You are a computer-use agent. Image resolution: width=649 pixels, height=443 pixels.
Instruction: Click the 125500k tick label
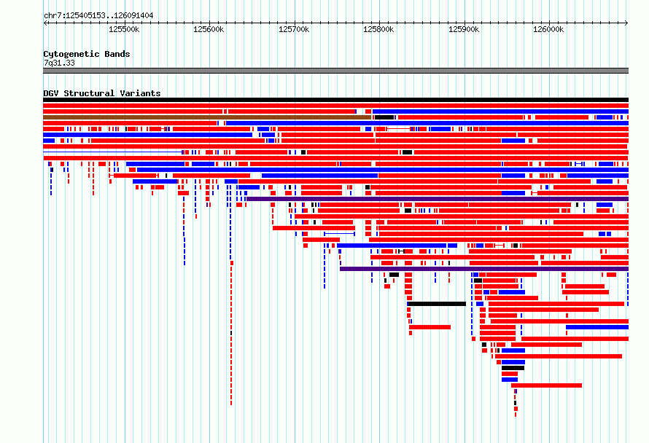[124, 29]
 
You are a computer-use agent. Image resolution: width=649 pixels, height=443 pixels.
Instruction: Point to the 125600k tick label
[209, 29]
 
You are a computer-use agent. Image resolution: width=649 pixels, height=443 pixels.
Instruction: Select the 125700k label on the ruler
[294, 29]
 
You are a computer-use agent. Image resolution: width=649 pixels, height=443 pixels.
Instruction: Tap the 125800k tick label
[378, 29]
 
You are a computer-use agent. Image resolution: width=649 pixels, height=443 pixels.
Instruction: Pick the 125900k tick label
[464, 29]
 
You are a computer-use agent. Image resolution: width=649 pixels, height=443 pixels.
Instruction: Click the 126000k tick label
[548, 29]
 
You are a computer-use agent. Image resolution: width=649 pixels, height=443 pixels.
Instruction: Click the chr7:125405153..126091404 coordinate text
[98, 15]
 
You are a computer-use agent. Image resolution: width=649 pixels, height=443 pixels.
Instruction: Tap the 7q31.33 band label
[59, 63]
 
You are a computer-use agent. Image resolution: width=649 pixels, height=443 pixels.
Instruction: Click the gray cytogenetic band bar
[335, 71]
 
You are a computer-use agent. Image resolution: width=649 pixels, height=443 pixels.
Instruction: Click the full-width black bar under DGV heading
[335, 100]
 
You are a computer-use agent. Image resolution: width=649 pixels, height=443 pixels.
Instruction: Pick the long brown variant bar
[207, 117]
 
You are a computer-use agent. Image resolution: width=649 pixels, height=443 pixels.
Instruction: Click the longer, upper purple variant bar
[438, 199]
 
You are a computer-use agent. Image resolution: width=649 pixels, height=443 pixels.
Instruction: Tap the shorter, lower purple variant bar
[484, 269]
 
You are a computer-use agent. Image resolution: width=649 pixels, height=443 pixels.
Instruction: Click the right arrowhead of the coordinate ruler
[627, 23]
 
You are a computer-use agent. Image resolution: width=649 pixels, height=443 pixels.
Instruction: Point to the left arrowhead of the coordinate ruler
[44, 23]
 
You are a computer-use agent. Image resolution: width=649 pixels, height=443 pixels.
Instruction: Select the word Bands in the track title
[117, 54]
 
